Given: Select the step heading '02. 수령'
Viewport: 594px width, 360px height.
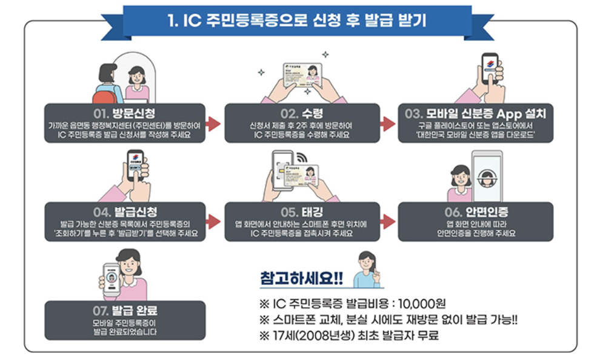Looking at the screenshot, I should (302, 113).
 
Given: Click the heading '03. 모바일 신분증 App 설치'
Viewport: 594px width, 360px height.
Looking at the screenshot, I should (475, 113).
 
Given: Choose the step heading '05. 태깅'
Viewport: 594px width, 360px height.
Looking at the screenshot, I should (302, 212).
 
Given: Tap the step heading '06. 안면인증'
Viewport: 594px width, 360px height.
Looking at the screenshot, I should (475, 212).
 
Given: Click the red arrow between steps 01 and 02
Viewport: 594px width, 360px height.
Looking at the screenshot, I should (213, 124).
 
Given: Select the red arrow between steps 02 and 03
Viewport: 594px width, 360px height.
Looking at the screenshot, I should (388, 124).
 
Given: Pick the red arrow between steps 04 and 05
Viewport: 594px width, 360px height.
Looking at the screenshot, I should (213, 222).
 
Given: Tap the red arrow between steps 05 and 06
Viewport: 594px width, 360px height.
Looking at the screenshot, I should (388, 222).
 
